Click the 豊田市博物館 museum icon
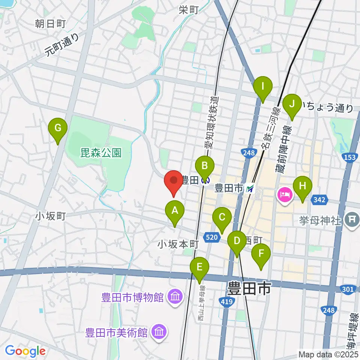pos(175,298)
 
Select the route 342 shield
pos(319,200)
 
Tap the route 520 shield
pos(211,237)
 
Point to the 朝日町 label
pos(51,24)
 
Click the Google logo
pos(25,351)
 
